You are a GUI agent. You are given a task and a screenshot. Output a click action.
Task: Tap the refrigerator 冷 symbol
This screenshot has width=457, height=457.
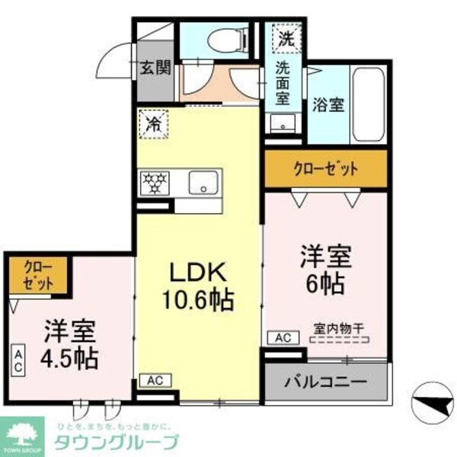(x=153, y=121)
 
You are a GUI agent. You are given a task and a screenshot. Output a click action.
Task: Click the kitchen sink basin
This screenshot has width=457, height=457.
(x=203, y=183)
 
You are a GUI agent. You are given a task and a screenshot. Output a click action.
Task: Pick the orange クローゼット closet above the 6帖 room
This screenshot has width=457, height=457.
(x=325, y=169)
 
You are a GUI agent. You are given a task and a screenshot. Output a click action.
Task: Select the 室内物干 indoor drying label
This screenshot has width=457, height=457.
(x=339, y=328)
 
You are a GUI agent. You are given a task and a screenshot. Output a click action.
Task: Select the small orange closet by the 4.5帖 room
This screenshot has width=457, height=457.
(x=39, y=275)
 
